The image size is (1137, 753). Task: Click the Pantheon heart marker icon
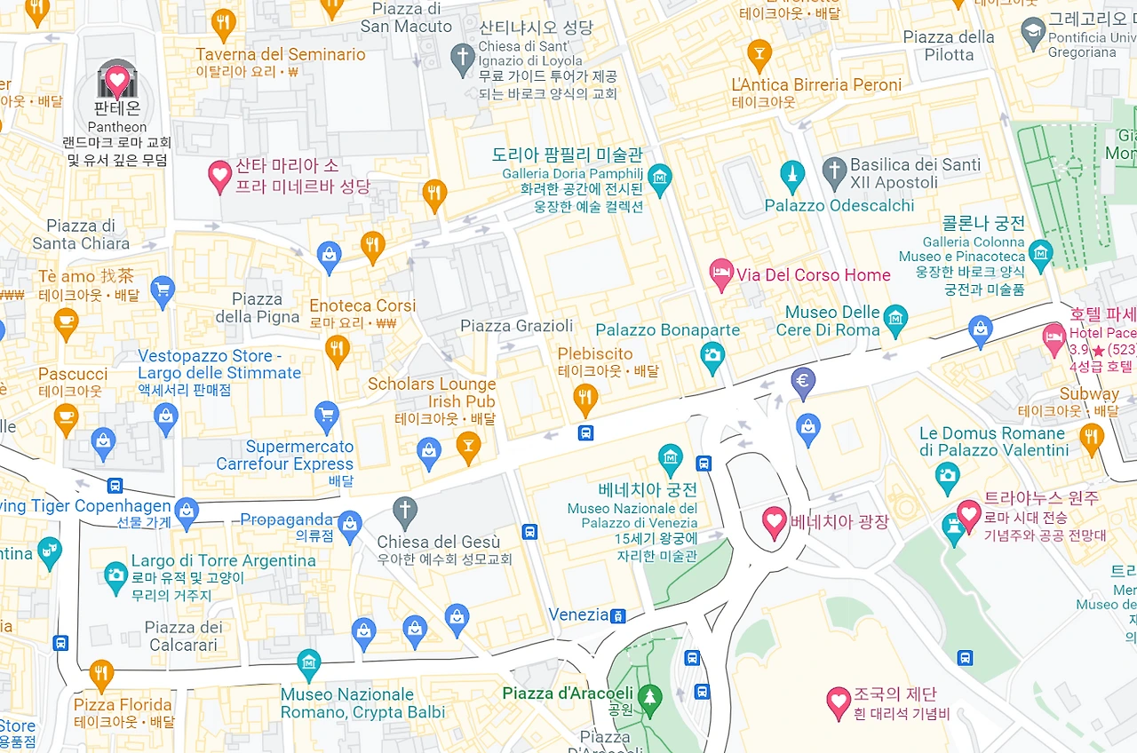(116, 81)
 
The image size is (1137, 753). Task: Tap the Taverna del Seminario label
(280, 54)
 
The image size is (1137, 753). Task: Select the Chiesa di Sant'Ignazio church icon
(462, 58)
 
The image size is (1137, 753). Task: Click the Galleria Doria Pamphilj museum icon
(659, 178)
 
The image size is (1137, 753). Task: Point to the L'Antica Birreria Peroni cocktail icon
(759, 55)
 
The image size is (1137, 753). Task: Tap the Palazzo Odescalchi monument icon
(791, 175)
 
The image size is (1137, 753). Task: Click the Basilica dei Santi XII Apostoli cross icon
(833, 173)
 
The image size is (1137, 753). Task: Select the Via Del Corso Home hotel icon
(722, 273)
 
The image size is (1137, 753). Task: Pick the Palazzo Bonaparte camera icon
(712, 357)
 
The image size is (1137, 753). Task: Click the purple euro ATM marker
(803, 382)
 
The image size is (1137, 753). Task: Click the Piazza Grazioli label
(516, 326)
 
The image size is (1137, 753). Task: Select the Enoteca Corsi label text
(362, 305)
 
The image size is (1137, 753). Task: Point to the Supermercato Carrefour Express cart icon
(327, 416)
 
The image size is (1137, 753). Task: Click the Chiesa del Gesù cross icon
(405, 511)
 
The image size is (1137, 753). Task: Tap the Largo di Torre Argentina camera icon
(115, 575)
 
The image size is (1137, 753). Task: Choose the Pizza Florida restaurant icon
(101, 674)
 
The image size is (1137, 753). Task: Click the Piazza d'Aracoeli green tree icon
(651, 698)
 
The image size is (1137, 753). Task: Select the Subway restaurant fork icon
(1092, 437)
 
